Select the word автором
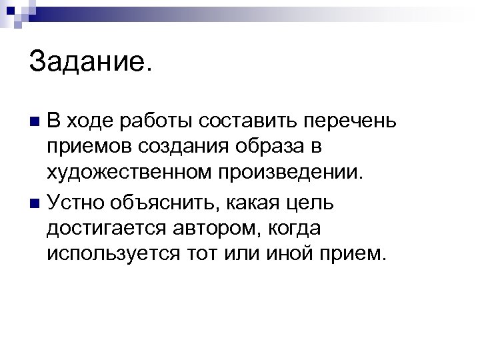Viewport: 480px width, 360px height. tap(213, 228)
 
